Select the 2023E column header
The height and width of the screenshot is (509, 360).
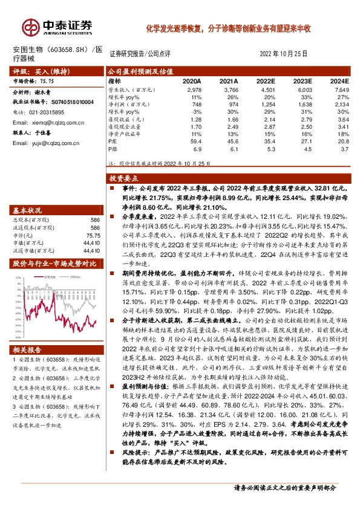click(303, 80)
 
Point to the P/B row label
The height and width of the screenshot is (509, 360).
click(113, 147)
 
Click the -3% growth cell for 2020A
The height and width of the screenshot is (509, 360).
click(195, 110)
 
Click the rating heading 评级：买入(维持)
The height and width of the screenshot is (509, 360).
click(36, 71)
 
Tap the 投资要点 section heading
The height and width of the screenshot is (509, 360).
click(125, 179)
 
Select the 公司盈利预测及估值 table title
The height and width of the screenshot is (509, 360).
click(142, 71)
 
